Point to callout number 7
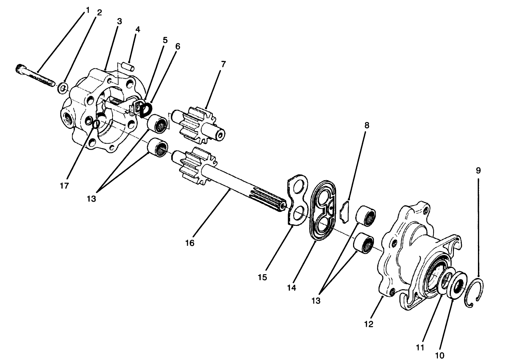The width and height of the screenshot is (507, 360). [x=223, y=64]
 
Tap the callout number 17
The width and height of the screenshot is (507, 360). [x=64, y=186]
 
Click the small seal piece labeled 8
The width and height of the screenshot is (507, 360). [x=345, y=212]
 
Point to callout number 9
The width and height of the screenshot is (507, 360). [x=478, y=170]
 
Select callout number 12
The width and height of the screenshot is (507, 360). [x=368, y=324]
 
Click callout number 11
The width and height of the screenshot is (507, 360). [x=420, y=347]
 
